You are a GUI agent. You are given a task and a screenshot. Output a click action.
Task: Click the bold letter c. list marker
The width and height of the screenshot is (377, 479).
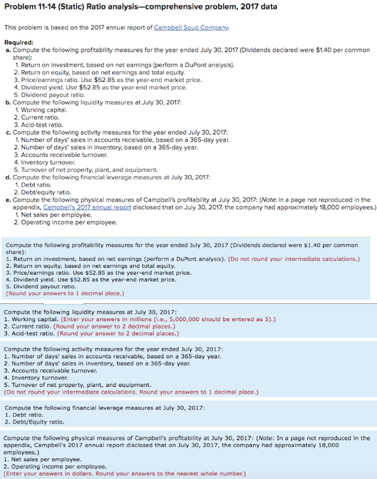click(7, 132)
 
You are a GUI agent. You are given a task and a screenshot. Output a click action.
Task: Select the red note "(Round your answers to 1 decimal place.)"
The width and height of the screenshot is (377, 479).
click(65, 294)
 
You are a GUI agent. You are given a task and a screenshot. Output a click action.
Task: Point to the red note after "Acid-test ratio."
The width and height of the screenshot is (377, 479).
click(117, 334)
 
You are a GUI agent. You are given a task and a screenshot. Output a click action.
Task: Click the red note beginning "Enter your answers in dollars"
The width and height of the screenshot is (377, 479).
click(125, 474)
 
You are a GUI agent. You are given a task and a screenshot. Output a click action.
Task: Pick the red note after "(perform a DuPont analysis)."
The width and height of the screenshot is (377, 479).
click(294, 259)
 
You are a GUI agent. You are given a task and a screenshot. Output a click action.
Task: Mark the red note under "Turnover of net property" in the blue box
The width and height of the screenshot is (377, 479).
click(131, 392)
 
